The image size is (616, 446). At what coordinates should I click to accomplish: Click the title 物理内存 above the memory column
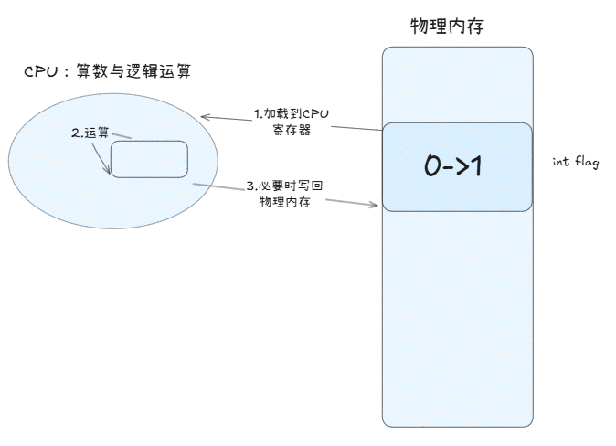point(446,26)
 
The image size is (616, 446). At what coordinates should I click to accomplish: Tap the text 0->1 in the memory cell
point(456,166)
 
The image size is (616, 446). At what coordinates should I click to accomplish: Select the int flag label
point(575,162)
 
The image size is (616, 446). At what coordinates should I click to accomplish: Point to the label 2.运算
point(90,133)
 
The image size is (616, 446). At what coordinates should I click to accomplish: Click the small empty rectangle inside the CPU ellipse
point(149,159)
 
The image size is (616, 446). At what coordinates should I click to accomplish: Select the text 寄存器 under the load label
point(291,130)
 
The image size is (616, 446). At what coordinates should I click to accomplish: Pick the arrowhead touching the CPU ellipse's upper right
point(204,117)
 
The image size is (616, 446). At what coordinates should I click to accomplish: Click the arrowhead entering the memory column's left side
point(375,205)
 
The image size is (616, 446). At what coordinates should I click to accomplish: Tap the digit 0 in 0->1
point(433,166)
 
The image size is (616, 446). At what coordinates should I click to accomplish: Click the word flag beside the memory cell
point(586,162)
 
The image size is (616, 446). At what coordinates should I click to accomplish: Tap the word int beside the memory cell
point(561,162)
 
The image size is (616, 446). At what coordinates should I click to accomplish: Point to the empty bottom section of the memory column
point(457,320)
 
